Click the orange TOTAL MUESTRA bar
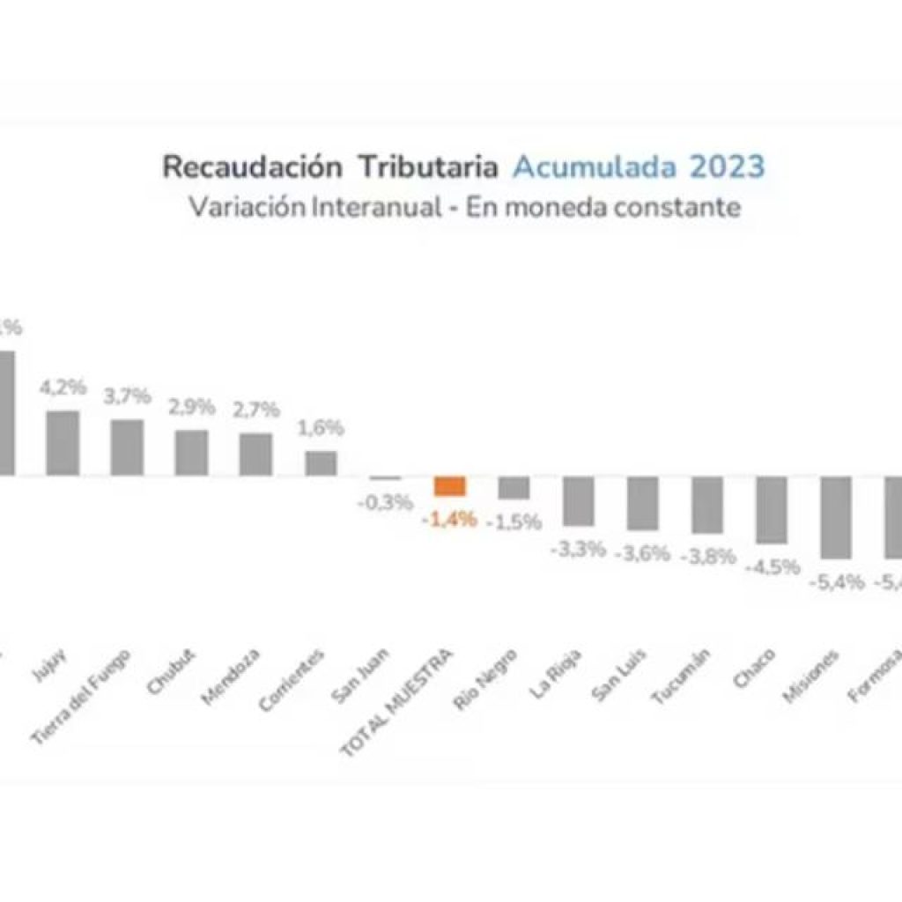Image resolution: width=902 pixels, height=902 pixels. pyautogui.click(x=449, y=486)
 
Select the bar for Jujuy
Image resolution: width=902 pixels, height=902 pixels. pyautogui.click(x=63, y=443)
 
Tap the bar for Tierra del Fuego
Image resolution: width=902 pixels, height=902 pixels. pyautogui.click(x=127, y=447)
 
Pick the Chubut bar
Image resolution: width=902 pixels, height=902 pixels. pyautogui.click(x=191, y=453)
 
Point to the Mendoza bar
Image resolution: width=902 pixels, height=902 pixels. pyautogui.click(x=255, y=455)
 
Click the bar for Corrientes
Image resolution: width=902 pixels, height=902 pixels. pyautogui.click(x=321, y=463)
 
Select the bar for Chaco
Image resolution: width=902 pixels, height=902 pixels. pyautogui.click(x=772, y=510)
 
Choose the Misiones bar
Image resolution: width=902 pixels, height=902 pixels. pyautogui.click(x=836, y=517)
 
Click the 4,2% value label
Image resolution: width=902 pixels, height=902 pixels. pyautogui.click(x=62, y=387)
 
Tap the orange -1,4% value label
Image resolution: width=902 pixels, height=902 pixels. pyautogui.click(x=449, y=520)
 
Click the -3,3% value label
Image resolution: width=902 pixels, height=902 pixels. pyautogui.click(x=578, y=550)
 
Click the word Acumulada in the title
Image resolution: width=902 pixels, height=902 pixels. pyautogui.click(x=596, y=166)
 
